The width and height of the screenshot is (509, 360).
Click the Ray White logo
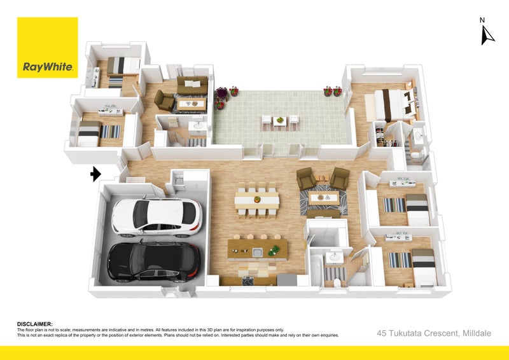click(47, 48)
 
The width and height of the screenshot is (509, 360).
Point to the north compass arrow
click(487, 35)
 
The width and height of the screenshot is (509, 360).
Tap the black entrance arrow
click(96, 174)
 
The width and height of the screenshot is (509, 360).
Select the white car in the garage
click(157, 217)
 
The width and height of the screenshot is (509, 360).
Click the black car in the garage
click(154, 261)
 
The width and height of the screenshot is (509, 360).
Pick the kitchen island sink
click(258, 253)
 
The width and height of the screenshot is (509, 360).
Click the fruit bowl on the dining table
click(257, 199)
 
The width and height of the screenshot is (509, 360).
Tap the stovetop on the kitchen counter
click(248, 280)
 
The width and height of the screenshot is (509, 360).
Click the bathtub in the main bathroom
click(317, 270)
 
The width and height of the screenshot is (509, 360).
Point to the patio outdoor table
click(280, 121)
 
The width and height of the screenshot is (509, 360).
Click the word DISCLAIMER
click(35, 324)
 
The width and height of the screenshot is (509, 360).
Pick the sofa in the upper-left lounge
click(192, 85)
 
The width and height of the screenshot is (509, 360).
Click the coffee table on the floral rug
click(324, 198)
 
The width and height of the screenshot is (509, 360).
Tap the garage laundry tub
click(179, 180)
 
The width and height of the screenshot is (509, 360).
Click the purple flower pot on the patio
click(222, 93)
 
